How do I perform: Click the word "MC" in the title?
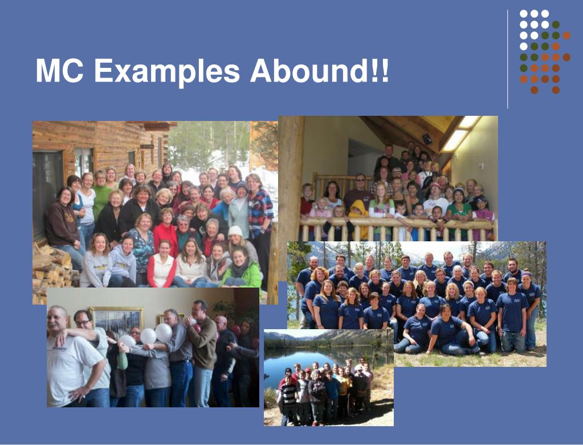tap(59, 71)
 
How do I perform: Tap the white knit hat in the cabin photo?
tap(235, 231)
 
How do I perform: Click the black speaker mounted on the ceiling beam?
tap(427, 139)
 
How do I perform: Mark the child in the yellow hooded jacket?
tap(359, 214)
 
